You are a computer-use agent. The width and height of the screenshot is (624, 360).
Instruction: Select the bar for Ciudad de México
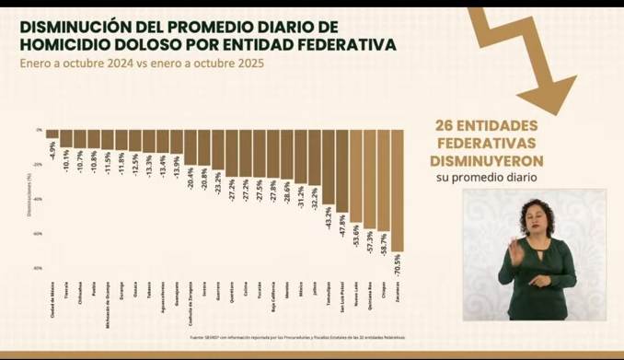pos(52,134)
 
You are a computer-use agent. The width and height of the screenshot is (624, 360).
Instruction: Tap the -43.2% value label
pos(328,219)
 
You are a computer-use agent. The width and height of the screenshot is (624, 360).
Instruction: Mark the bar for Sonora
pos(204,148)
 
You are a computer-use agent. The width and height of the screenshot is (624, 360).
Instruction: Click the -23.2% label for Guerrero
pos(218,181)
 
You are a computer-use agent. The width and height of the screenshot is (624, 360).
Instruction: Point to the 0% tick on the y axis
pos(40,130)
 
